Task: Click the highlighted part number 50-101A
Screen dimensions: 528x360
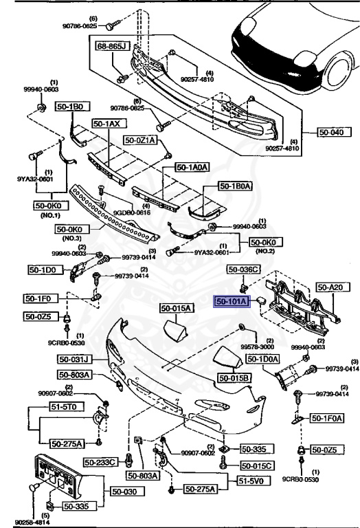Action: coord(234,301)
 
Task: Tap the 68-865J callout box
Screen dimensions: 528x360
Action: coord(111,46)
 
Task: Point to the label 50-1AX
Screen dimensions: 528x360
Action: coord(106,124)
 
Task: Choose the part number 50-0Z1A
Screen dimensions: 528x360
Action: coord(141,140)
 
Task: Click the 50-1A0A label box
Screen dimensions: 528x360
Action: coord(192,166)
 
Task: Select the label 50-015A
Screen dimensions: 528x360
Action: coord(177,309)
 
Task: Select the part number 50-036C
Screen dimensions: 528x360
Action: coord(244,269)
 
